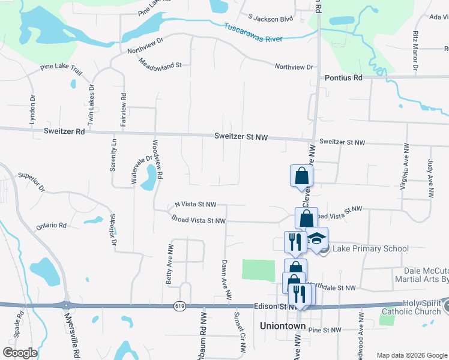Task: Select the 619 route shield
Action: [x=180, y=306]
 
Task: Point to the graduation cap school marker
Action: [x=316, y=239]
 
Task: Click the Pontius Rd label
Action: [x=344, y=78]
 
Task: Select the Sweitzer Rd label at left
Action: [x=62, y=131]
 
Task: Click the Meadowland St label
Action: [x=160, y=63]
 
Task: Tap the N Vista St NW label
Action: [x=195, y=205]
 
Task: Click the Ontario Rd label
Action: [x=51, y=226]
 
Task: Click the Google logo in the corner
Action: [x=20, y=352]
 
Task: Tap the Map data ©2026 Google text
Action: [x=411, y=355]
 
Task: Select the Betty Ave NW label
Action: [x=170, y=264]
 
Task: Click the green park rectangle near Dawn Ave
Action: [x=257, y=269]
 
